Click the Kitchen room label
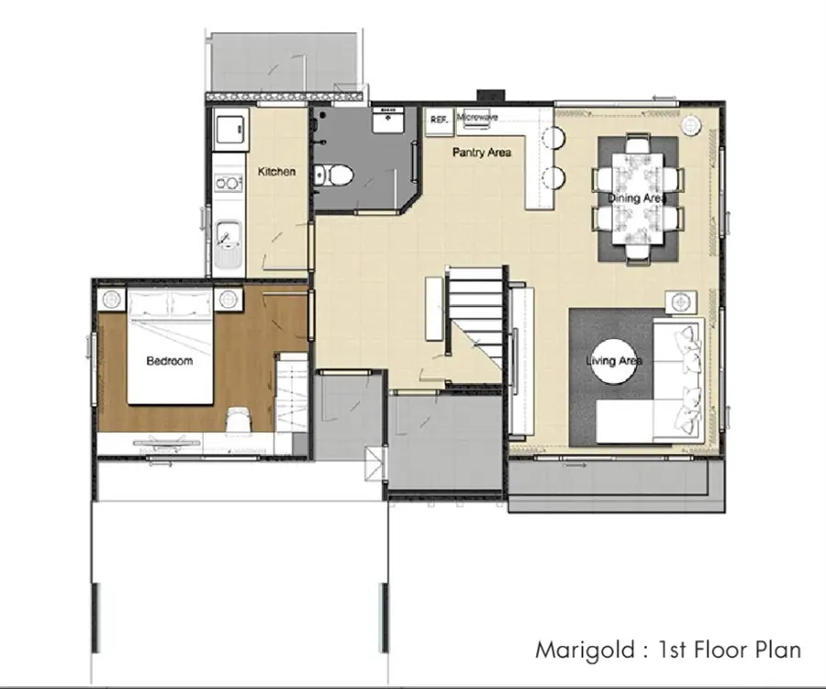point(276,171)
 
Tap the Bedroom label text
point(169,361)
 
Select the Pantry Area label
point(482,152)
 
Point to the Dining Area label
point(637,198)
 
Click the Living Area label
point(614,361)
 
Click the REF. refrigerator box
point(439,119)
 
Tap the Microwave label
point(477,117)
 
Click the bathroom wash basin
point(388,119)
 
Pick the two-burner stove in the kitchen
point(229,183)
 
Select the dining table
point(638,198)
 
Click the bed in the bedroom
point(170,346)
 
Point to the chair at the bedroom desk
point(239,420)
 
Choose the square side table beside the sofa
point(681,302)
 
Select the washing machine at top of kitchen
point(230,127)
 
